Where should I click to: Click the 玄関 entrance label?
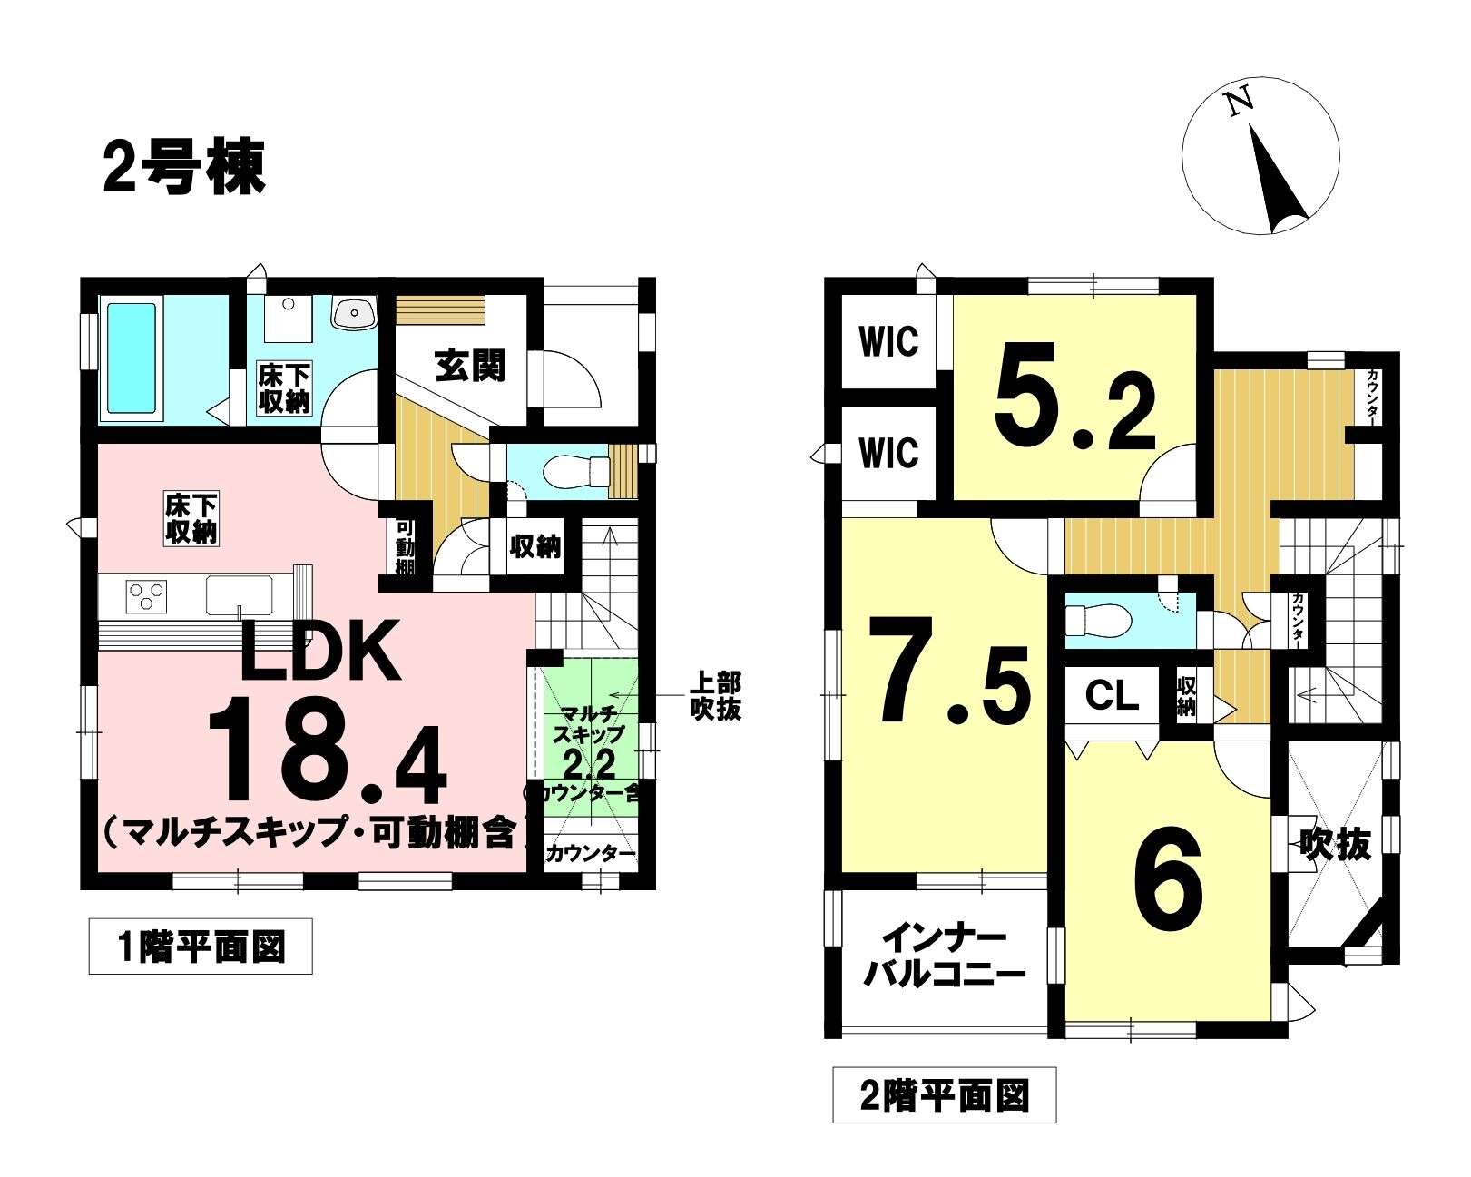[470, 366]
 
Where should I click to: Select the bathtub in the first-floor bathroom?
[132, 358]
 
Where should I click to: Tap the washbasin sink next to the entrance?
[353, 313]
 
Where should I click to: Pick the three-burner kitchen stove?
[145, 594]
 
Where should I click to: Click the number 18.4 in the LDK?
[327, 750]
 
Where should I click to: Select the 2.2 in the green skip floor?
[590, 763]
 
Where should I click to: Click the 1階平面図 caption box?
[201, 946]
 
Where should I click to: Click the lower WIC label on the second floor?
[888, 453]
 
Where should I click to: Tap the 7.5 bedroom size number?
[949, 670]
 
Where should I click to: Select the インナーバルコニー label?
[945, 957]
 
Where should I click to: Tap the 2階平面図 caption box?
[944, 1095]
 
